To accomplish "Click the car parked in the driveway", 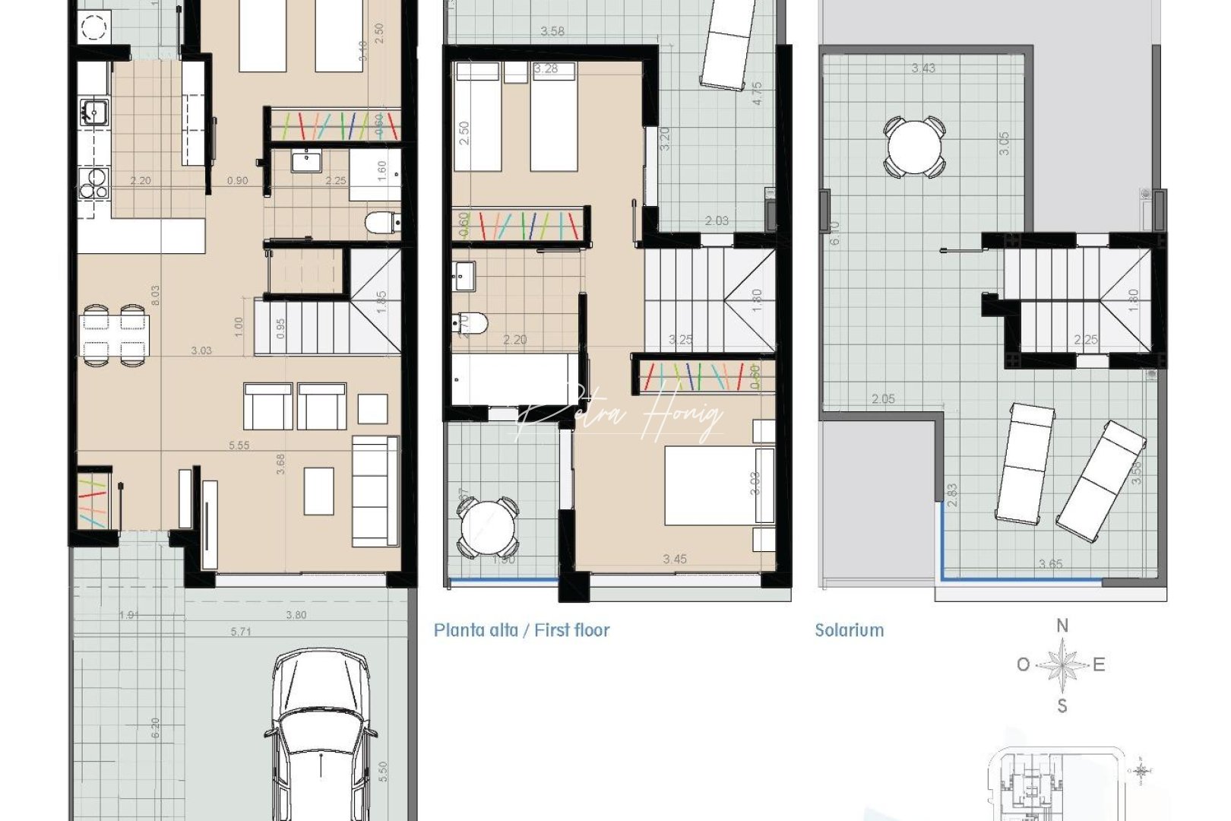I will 321,734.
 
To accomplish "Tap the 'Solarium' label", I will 849,630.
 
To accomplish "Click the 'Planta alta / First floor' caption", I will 521,630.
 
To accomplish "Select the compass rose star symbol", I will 1062,665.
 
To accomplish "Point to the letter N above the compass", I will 1062,626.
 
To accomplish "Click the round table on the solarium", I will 914,147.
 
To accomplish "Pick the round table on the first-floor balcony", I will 488,528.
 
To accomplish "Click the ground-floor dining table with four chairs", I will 114,335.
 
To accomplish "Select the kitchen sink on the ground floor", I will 94,113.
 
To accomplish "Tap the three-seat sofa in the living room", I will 375,491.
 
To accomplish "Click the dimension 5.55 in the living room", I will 239,445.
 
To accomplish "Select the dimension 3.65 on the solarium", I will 1050,564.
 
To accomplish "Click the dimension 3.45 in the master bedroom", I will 674,559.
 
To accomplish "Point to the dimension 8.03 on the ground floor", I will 155,295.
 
